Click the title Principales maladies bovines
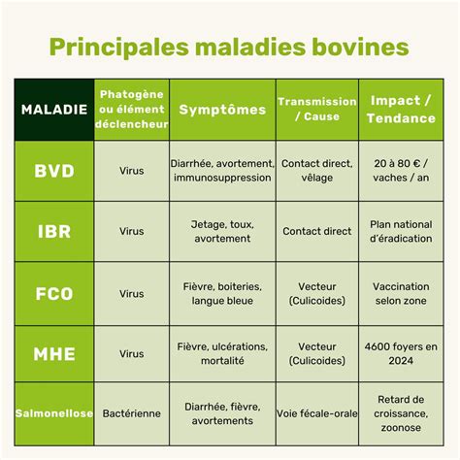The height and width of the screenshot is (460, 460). tap(229, 48)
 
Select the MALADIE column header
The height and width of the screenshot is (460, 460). tap(52, 109)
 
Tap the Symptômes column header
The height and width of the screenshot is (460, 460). tap(222, 110)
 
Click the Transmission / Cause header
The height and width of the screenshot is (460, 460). tap(316, 110)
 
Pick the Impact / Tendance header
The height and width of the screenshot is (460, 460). tap(402, 110)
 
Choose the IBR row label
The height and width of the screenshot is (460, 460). tap(52, 232)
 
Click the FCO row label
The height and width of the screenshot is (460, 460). tap(52, 293)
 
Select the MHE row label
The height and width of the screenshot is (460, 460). tap(52, 354)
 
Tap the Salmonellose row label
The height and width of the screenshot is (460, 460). tap(52, 414)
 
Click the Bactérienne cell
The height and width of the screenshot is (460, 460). tap(132, 414)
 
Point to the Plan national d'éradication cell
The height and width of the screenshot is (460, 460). tap(402, 232)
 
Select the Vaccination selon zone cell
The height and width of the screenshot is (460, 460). tap(402, 293)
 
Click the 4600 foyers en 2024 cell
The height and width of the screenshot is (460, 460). tap(402, 354)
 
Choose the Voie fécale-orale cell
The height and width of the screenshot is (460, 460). tap(316, 414)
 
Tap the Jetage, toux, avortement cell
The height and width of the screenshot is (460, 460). tap(222, 232)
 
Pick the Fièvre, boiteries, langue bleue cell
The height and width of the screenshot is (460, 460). tap(222, 293)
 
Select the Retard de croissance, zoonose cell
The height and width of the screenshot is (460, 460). tap(402, 414)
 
